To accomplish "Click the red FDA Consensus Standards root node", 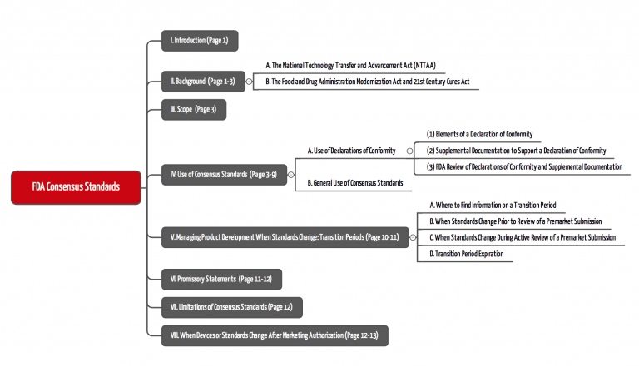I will (76, 186).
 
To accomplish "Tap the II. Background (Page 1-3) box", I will (202, 81).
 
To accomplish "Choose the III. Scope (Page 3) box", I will (193, 108).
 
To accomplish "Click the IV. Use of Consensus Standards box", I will (223, 175).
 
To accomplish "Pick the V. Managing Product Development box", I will (285, 237).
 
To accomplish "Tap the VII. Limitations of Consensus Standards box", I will (232, 307).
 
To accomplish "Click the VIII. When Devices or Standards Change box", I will (274, 335).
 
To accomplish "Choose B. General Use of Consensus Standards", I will (354, 182).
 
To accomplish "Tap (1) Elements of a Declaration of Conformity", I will (478, 134).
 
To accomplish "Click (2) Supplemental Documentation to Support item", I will (516, 151).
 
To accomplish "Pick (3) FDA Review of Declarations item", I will (524, 166).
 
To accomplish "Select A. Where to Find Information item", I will (492, 204).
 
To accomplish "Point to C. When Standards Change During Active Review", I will (522, 237).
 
